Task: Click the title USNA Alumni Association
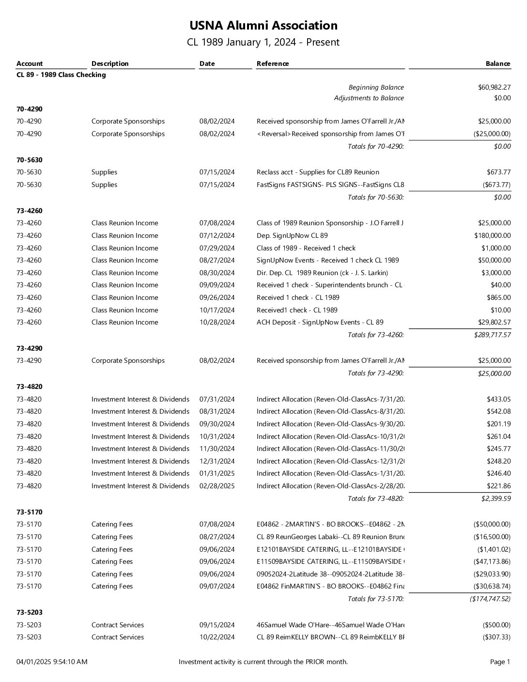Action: click(x=263, y=26)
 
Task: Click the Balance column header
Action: click(x=497, y=63)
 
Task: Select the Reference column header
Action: click(x=273, y=63)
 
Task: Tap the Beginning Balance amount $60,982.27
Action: click(x=494, y=87)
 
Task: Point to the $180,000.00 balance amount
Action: click(x=492, y=235)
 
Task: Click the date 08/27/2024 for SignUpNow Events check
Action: click(x=217, y=260)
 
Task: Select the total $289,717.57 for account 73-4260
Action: click(x=492, y=335)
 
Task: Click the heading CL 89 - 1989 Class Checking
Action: click(x=61, y=75)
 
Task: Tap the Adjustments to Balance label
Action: click(x=369, y=98)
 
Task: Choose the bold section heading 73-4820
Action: click(x=29, y=387)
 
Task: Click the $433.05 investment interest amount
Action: click(x=498, y=399)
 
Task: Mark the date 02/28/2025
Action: click(x=217, y=486)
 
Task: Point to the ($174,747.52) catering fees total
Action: click(x=490, y=599)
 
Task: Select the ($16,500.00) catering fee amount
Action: click(x=492, y=537)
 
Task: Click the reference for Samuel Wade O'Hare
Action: click(x=330, y=625)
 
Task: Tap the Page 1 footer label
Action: click(x=500, y=662)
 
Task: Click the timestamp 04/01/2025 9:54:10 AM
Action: click(x=52, y=662)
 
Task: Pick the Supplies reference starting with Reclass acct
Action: click(x=318, y=172)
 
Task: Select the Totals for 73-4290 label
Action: click(x=375, y=373)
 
